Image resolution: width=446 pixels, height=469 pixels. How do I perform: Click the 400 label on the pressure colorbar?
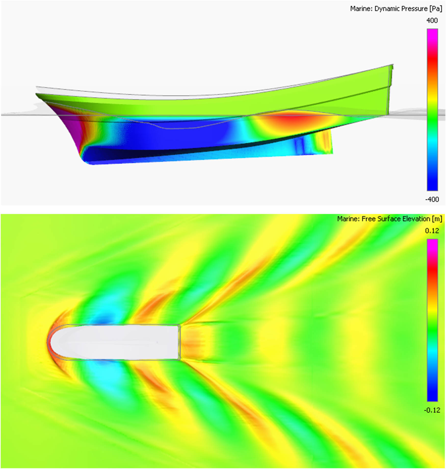tap(432, 20)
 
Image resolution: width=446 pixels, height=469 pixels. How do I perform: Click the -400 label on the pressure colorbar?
tap(432, 199)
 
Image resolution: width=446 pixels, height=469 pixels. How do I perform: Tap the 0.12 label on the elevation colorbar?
tap(432, 231)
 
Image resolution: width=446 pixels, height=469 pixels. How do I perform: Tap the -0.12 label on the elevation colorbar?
tap(432, 410)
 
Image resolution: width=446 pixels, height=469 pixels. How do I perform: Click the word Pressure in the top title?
tap(415, 9)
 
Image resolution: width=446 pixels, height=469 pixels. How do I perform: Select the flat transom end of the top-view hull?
tap(179, 342)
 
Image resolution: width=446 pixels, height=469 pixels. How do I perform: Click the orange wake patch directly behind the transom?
tap(191, 342)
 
